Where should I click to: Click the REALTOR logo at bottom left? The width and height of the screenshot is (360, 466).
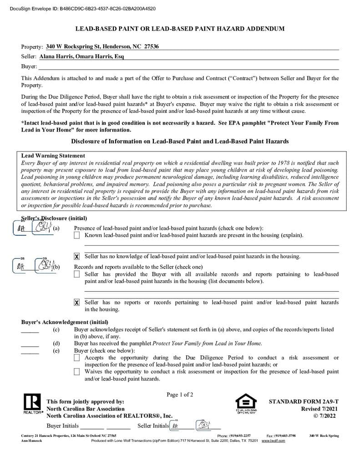[x=31, y=404]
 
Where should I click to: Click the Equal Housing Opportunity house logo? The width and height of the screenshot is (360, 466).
[x=245, y=403]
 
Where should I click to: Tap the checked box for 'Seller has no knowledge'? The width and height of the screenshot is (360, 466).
[x=77, y=257]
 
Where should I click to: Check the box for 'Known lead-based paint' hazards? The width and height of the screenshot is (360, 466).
[x=77, y=235]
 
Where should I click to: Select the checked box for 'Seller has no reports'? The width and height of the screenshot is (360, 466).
[x=77, y=303]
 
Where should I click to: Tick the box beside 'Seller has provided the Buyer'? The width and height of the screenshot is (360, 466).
[x=77, y=274]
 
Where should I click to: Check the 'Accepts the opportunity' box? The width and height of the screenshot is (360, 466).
[x=77, y=358]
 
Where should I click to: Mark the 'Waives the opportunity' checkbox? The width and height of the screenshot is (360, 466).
[x=77, y=372]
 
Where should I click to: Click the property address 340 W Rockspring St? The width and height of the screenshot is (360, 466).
[x=102, y=46]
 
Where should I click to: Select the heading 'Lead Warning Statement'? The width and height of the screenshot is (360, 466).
[x=53, y=156]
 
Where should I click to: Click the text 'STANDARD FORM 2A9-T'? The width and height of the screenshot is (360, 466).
[x=304, y=402]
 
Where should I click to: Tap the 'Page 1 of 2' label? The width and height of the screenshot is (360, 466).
[x=180, y=395]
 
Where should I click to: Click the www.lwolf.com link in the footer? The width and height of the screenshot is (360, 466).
[x=273, y=441]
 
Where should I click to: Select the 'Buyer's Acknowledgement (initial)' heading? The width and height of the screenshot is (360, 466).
[x=65, y=322]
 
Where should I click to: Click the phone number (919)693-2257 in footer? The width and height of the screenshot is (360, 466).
[x=240, y=436]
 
